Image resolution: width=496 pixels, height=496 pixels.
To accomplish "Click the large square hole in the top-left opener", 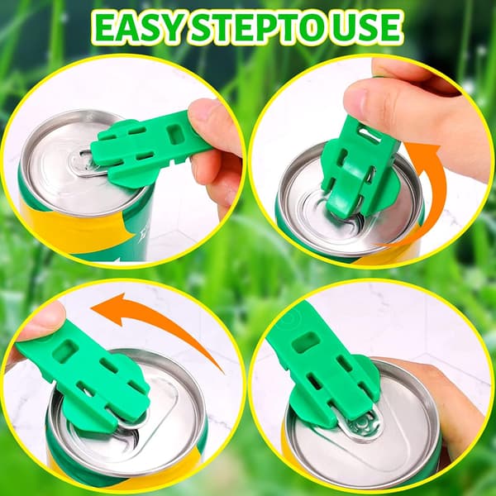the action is point(176,134).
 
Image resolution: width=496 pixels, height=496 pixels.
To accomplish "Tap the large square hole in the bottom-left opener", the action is point(65,351).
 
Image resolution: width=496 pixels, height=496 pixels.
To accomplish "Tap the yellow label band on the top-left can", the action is point(76,228).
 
